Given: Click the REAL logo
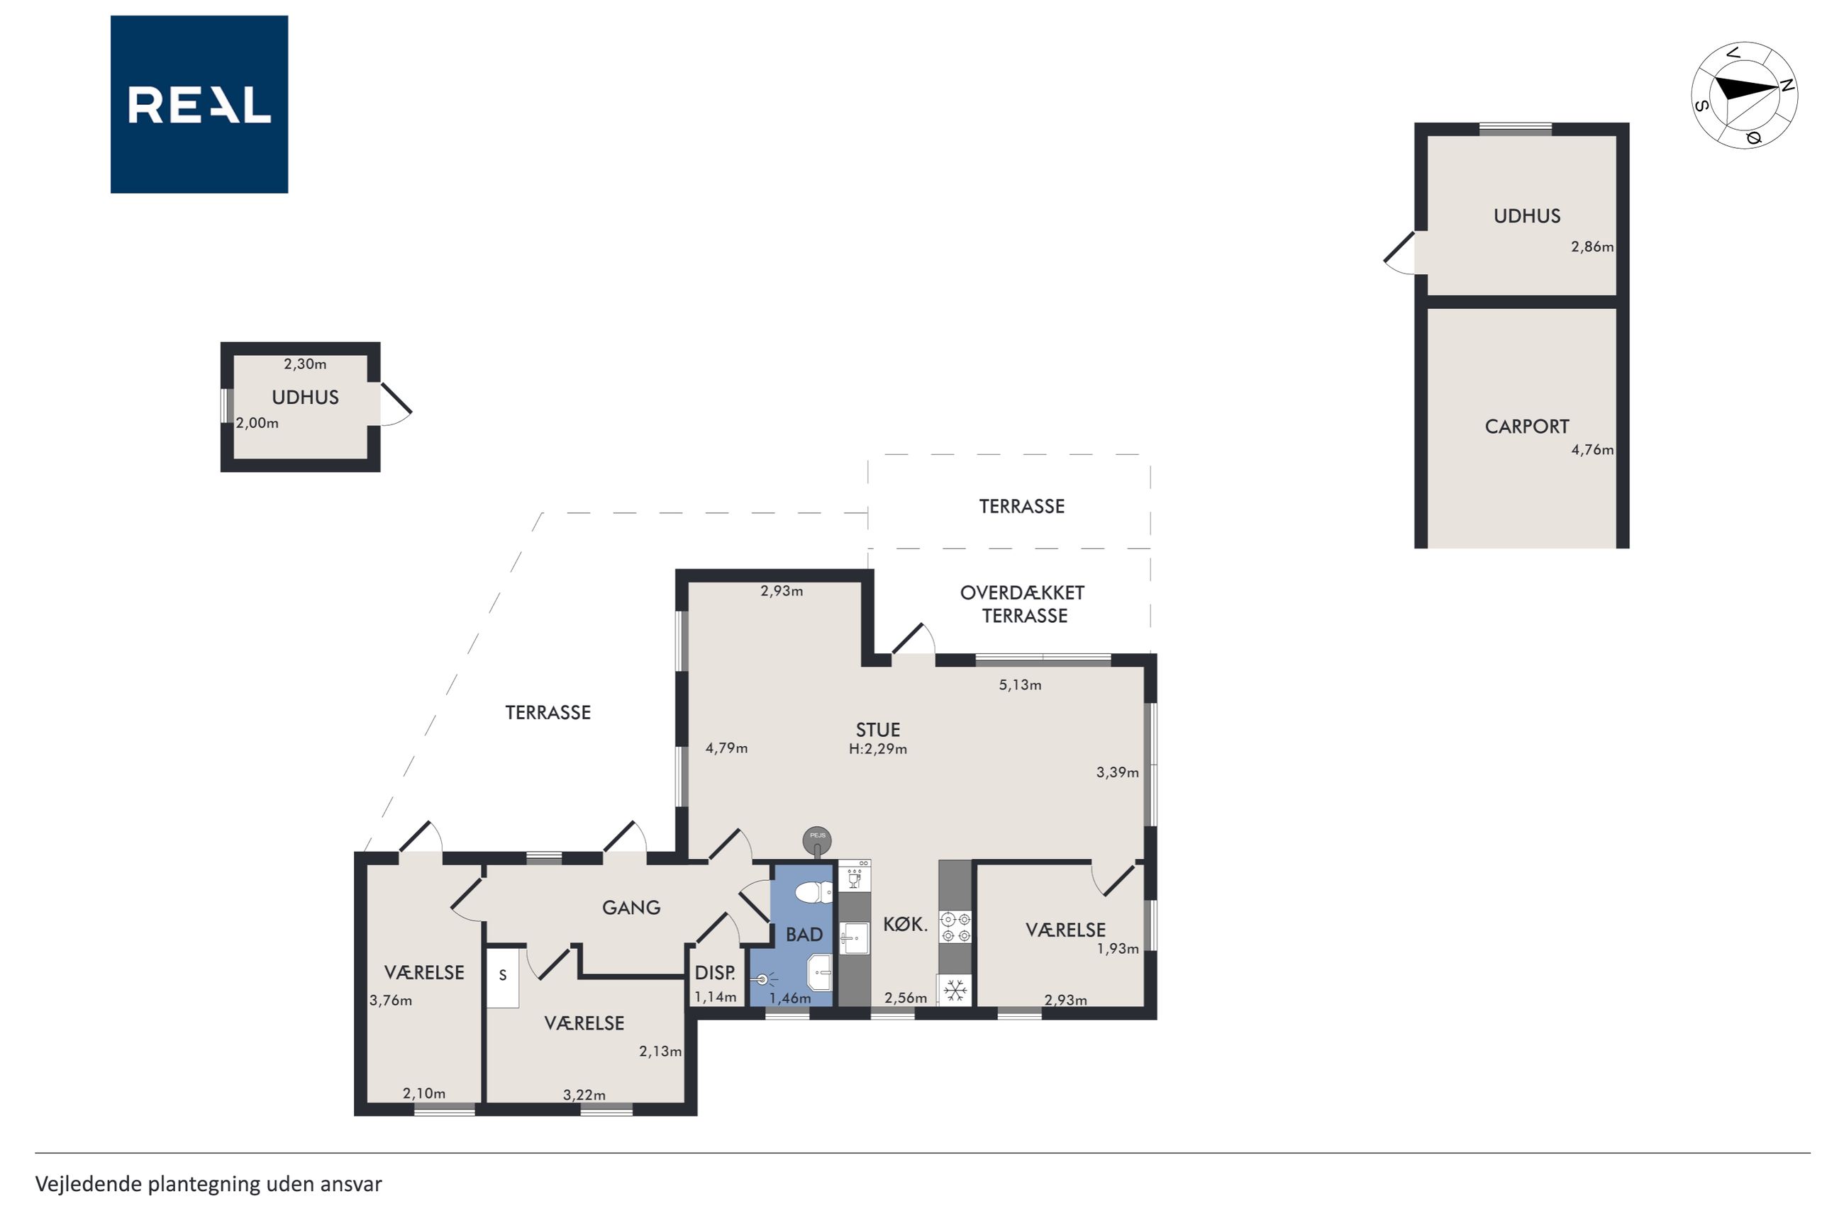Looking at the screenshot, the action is pos(199,104).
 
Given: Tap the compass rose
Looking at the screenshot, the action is pos(1744,96).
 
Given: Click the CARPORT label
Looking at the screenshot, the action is pos(1526,427).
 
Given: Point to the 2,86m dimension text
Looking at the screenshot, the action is pos(1592,247).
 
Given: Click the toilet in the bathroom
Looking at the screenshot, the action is pos(814,891).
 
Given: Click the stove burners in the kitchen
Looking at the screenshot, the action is pos(955,926).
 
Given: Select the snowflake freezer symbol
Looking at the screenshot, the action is pos(955,991).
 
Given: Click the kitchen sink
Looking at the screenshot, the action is pos(854,938).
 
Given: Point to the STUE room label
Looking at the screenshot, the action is pos(878,730).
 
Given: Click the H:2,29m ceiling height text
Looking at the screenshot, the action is pos(878,750).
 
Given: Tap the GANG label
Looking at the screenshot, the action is pos(631,908).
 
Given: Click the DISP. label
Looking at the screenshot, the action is pos(715,973).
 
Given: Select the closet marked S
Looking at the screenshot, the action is pos(502,977).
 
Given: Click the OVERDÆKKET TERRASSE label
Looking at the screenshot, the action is pos(1023,604).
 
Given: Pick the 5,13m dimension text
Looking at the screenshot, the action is pos(1020,685).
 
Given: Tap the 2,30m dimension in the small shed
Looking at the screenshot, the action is pos(305,364).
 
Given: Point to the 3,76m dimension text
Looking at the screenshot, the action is pos(390,1000).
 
